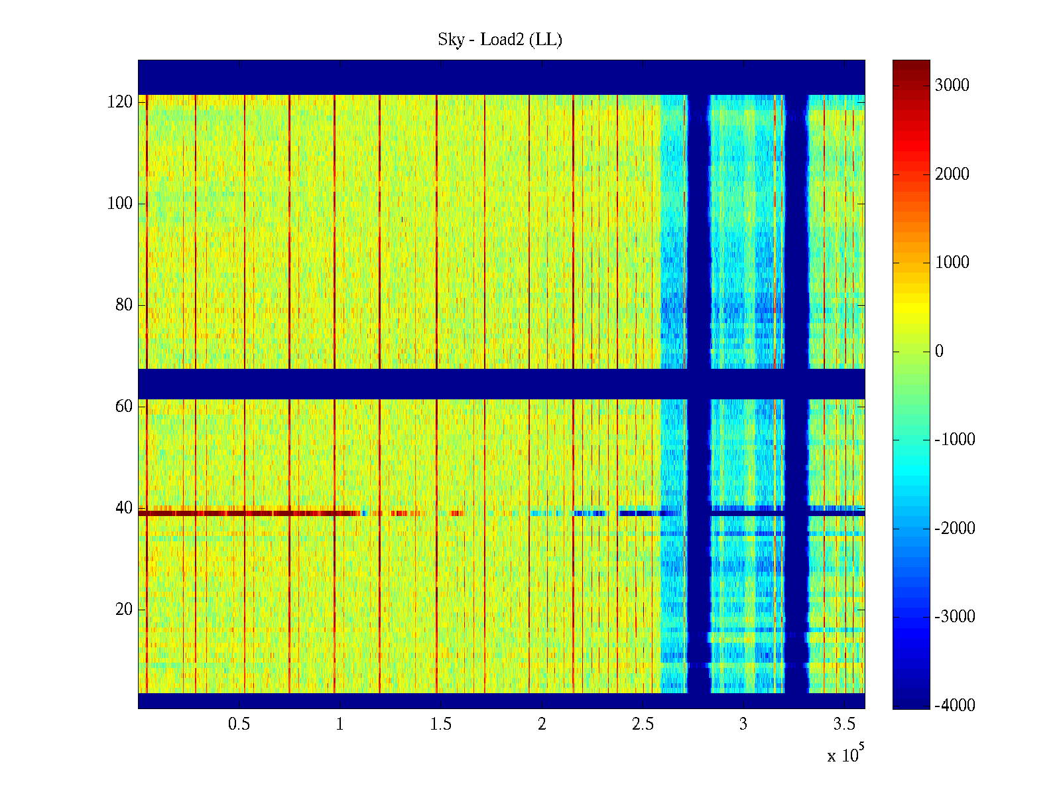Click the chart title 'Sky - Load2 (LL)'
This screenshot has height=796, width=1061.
(x=500, y=40)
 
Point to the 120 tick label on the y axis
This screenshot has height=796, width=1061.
(x=120, y=101)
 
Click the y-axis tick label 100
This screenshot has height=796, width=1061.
(x=120, y=203)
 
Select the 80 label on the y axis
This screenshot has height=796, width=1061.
(x=124, y=304)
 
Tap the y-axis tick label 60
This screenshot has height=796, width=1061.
(x=124, y=406)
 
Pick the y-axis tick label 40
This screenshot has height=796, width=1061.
(x=124, y=507)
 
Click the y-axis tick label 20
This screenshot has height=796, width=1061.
(x=124, y=609)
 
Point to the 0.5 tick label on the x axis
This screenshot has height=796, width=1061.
(x=239, y=724)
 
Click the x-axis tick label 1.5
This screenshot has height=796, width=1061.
(x=440, y=724)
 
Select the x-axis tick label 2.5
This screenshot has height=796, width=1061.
(x=643, y=724)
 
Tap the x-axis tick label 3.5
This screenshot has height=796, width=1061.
(x=844, y=724)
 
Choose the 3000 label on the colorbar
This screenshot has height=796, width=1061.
(x=952, y=85)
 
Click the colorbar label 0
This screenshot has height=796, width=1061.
(x=939, y=351)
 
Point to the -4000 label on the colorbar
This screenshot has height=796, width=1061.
(x=955, y=705)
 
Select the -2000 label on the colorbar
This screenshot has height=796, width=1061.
(x=955, y=528)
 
